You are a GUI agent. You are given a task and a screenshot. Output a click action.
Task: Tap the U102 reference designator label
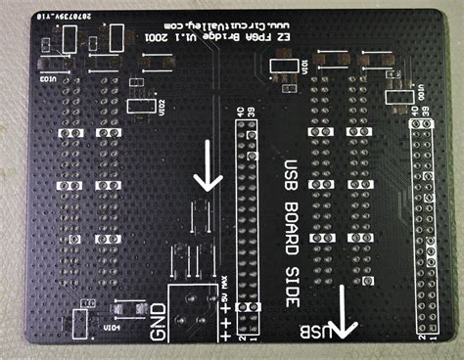(x=162, y=104)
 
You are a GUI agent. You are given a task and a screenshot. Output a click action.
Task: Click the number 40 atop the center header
(x=242, y=113)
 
